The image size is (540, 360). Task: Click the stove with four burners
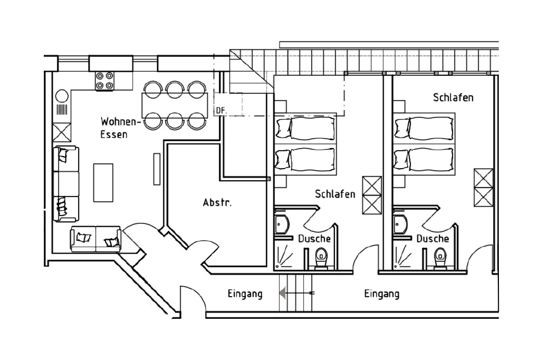click(105, 81)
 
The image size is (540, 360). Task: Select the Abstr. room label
click(217, 202)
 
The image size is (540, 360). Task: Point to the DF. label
click(221, 111)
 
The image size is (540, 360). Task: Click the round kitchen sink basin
click(62, 96)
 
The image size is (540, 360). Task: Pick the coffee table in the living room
click(103, 182)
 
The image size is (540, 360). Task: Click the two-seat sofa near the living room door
click(96, 239)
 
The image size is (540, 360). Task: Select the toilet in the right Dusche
click(440, 259)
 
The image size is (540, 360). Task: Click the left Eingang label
click(245, 294)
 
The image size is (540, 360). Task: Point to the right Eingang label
click(382, 294)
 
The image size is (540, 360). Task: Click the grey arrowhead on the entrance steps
click(283, 293)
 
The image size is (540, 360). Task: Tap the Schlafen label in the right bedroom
click(453, 98)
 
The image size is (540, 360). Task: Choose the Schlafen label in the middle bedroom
click(335, 194)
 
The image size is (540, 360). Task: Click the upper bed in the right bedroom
click(424, 128)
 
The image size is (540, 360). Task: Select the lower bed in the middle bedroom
click(305, 159)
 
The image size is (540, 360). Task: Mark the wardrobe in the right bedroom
click(484, 188)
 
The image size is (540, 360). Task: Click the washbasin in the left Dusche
click(282, 225)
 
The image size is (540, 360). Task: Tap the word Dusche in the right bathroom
click(432, 239)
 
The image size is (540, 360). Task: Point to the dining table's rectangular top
click(175, 105)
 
